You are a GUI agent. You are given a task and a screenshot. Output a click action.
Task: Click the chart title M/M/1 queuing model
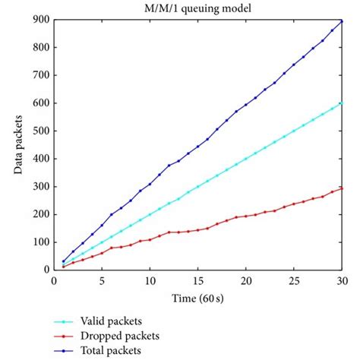point(197,8)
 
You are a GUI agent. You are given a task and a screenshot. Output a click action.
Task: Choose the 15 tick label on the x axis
point(198,279)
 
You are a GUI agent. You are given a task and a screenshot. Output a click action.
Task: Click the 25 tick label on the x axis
point(294,279)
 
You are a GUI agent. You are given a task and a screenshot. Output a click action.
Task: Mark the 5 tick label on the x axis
point(102,279)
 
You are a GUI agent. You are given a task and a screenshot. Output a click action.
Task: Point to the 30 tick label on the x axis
point(342,279)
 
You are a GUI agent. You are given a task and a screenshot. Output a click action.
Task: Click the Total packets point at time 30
point(342,21)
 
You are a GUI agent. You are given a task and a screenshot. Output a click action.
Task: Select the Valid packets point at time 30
point(342,103)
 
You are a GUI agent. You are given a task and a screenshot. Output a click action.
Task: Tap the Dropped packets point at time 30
point(342,188)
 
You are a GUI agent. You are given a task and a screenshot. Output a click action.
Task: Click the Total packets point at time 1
point(64,261)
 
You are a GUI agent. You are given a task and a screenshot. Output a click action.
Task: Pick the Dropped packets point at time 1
point(64,267)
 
